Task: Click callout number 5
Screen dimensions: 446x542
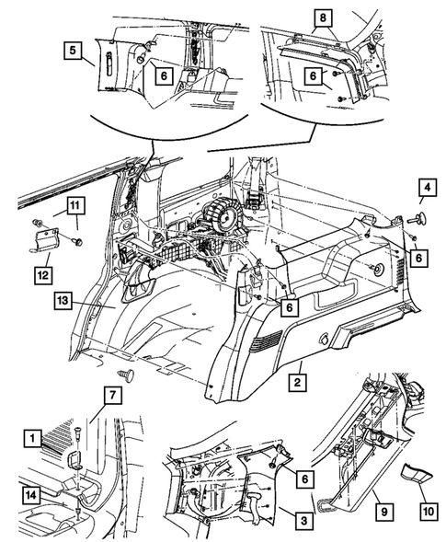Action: coord(73,50)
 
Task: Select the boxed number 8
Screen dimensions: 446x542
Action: coord(323,18)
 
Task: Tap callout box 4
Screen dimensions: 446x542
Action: coord(428,188)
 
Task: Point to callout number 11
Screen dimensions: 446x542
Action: coord(75,206)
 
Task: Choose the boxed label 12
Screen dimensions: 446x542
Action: coord(43,275)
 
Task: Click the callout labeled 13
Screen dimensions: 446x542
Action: coord(63,300)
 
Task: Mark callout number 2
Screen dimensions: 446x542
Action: coord(297,382)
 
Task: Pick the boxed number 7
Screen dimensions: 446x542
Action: coord(113,395)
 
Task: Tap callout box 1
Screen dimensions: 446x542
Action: coord(33,439)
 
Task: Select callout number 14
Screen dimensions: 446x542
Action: coord(31,495)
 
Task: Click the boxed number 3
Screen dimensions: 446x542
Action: coord(304,521)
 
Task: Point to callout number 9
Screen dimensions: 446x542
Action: coord(384,511)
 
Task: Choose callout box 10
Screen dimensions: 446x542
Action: coord(428,511)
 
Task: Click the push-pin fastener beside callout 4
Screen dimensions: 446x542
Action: coord(417,217)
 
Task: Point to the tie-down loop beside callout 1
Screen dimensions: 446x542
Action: coord(74,460)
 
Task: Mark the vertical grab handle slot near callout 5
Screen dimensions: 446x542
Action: coord(109,63)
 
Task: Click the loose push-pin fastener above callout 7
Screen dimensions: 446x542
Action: coord(126,375)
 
